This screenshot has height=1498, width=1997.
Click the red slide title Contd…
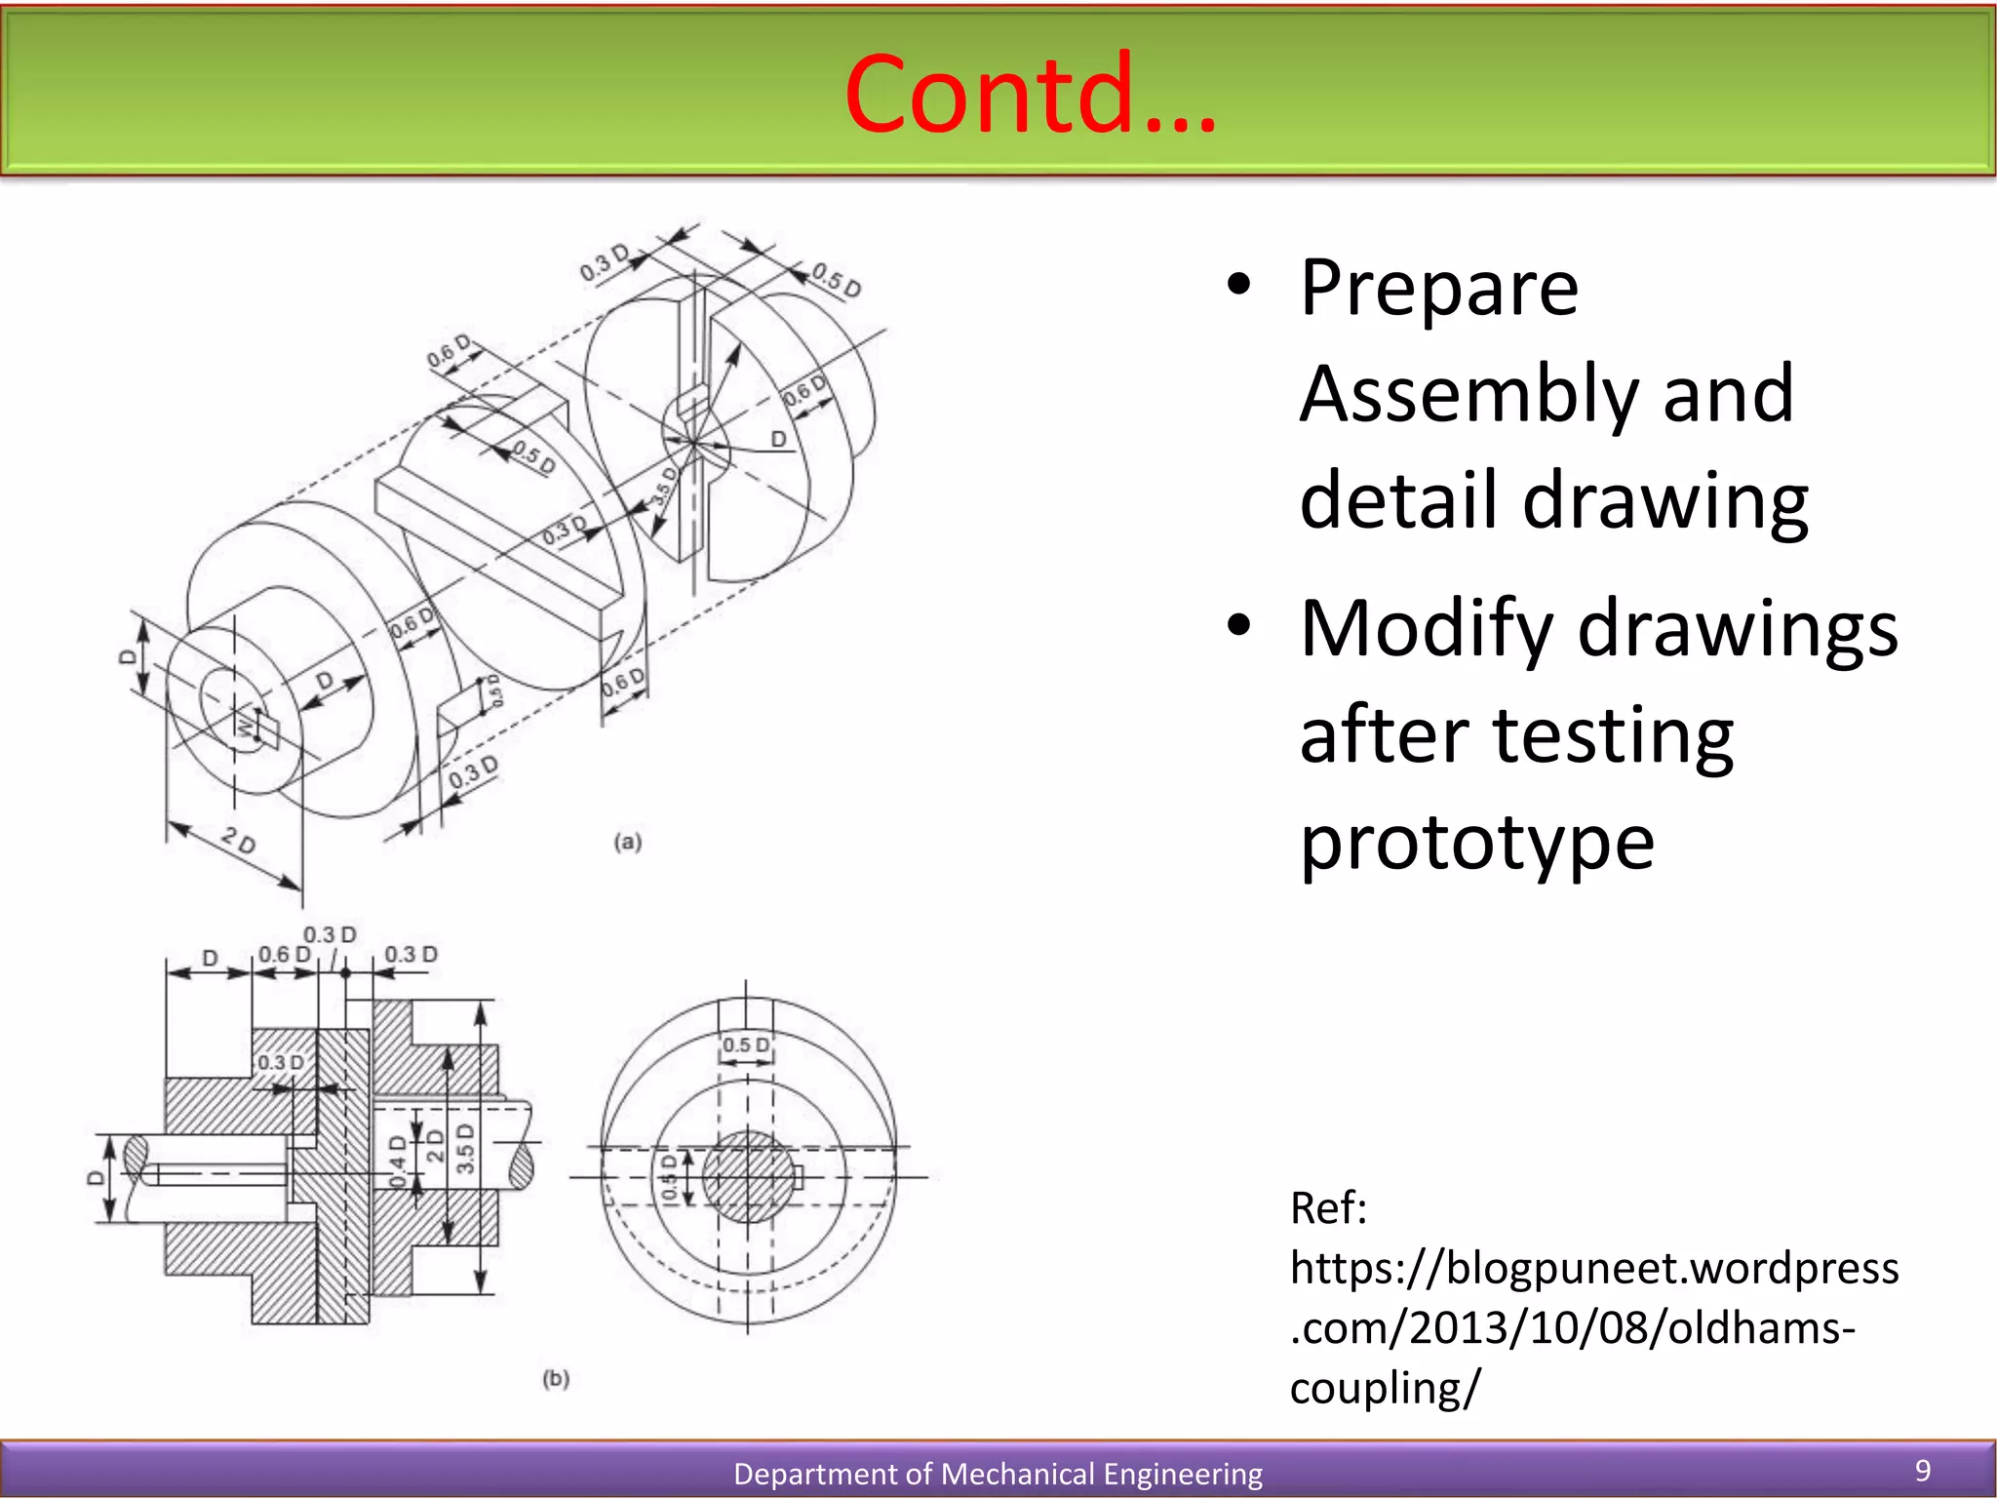(1030, 94)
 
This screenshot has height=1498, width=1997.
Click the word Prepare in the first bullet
(1439, 289)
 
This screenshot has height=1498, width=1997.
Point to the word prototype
(1477, 843)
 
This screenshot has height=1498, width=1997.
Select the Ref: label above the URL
(1328, 1208)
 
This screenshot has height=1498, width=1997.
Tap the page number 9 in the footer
(1923, 1471)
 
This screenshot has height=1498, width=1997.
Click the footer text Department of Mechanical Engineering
(998, 1474)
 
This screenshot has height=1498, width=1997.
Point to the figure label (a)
(628, 842)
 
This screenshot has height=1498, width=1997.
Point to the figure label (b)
(556, 1378)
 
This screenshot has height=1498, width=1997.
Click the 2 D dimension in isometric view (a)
(239, 840)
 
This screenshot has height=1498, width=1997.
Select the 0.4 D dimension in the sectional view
(398, 1161)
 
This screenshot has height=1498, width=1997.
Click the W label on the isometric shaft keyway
(244, 724)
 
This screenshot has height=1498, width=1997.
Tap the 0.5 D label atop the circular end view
(746, 1045)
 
